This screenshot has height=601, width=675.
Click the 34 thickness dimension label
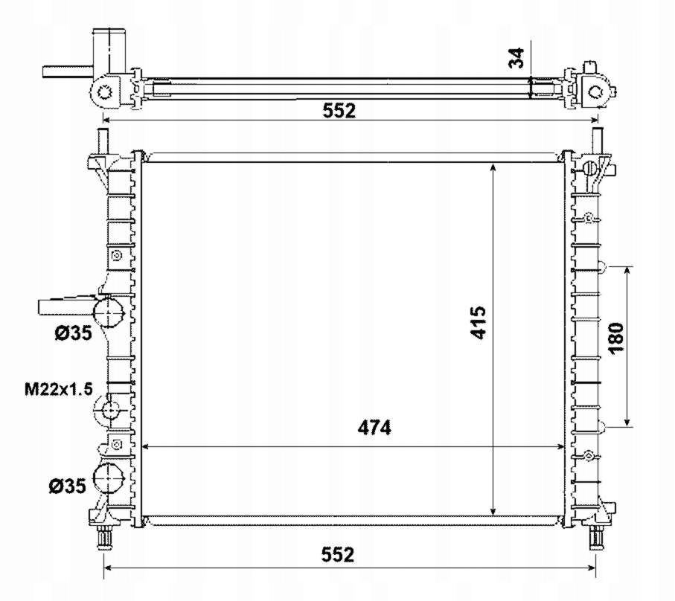516,58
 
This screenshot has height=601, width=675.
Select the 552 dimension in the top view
339,111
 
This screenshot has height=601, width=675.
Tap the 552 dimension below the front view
338,555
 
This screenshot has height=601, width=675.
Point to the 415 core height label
479,322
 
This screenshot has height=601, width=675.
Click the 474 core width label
374,428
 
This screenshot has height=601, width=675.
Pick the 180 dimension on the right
616,337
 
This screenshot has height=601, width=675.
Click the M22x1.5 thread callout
59,389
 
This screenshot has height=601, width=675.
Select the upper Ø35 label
73,332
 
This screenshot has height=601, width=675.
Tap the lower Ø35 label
67,486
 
